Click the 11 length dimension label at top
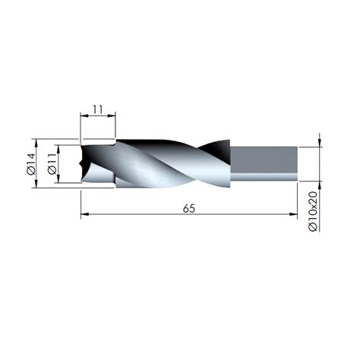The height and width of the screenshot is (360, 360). coord(98,109)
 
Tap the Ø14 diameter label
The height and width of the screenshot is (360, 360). coord(31,164)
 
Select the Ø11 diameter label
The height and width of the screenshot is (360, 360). coord(52,164)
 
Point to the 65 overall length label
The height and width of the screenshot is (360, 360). coord(189,209)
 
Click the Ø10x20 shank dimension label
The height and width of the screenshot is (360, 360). coord(313,211)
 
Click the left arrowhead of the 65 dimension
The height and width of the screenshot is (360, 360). coord(84,214)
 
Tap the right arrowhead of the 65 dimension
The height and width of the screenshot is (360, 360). coord(293,214)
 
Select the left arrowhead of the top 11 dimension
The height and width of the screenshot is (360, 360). coord(84,115)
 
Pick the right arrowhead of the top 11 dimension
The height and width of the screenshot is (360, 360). coord(112,115)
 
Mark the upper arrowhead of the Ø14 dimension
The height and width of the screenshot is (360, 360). coord(36,143)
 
